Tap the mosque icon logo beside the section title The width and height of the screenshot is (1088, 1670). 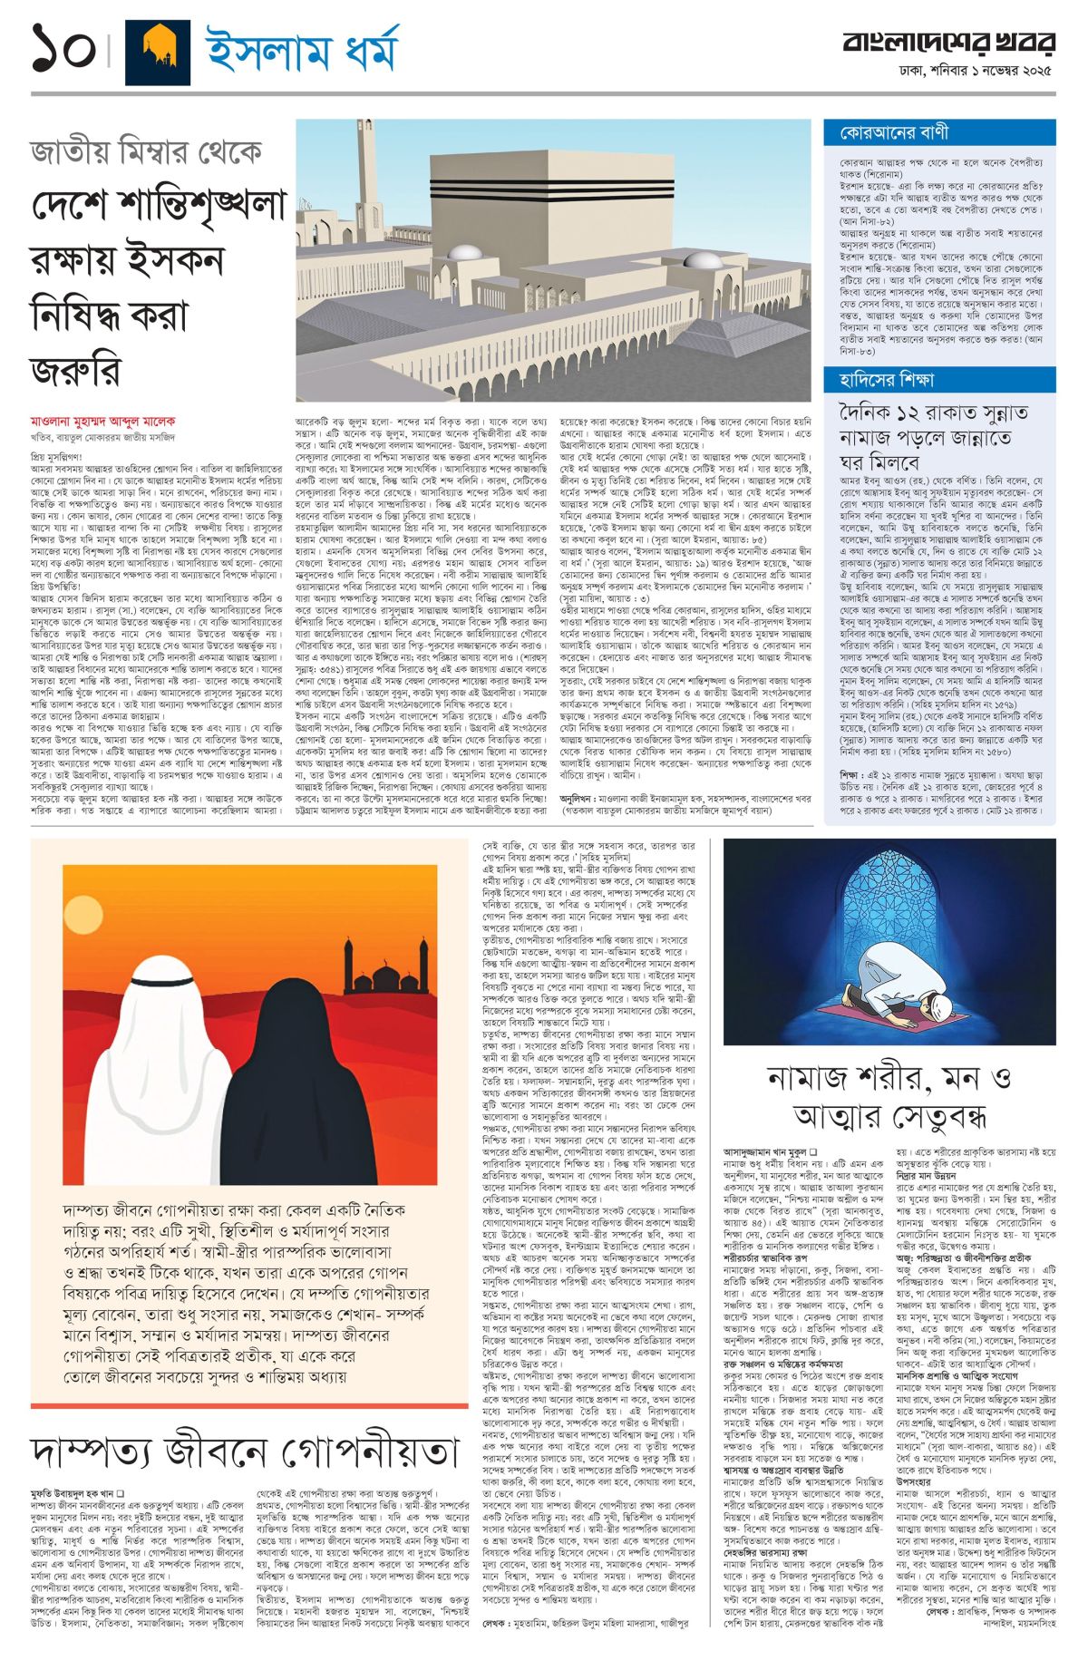pyautogui.click(x=157, y=53)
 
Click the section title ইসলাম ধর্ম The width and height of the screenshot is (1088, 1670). pyautogui.click(x=302, y=51)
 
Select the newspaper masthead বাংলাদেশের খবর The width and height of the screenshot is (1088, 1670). pyautogui.click(x=948, y=42)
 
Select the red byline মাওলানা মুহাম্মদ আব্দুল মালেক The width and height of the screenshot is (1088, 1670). pyautogui.click(x=102, y=422)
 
